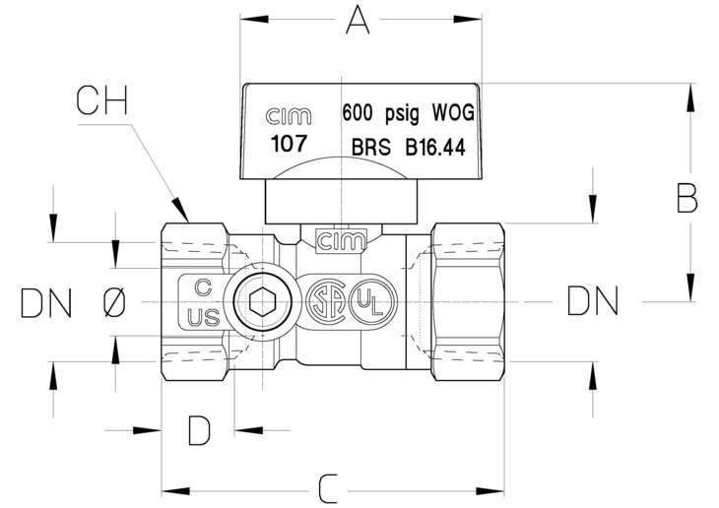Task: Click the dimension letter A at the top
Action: pyautogui.click(x=358, y=21)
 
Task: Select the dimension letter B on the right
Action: pyautogui.click(x=686, y=198)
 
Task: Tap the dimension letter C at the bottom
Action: pyautogui.click(x=328, y=489)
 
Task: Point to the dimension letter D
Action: pyautogui.click(x=200, y=430)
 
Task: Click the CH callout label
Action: pyautogui.click(x=101, y=100)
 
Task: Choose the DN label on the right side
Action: pyautogui.click(x=593, y=301)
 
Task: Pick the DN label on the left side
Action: pyautogui.click(x=46, y=303)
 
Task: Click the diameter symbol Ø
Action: pyautogui.click(x=114, y=302)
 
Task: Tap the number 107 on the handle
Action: pyautogui.click(x=289, y=144)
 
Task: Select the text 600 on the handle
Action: pyautogui.click(x=358, y=113)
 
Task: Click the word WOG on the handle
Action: pyautogui.click(x=453, y=112)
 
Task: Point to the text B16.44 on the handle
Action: pyautogui.click(x=435, y=147)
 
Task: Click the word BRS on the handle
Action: pyautogui.click(x=371, y=147)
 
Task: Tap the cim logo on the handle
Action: pyautogui.click(x=289, y=116)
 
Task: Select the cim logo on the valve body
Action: pyautogui.click(x=342, y=241)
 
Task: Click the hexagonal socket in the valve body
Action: pyautogui.click(x=263, y=301)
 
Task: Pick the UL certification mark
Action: pyautogui.click(x=372, y=301)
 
